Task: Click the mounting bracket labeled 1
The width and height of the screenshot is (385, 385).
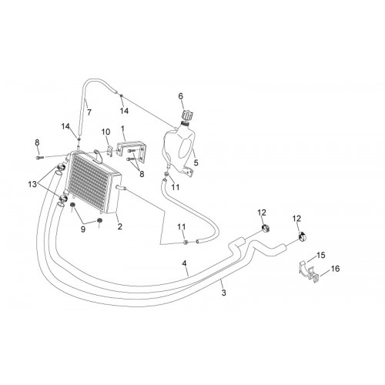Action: (132, 152)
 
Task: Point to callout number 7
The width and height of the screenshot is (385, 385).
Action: (89, 112)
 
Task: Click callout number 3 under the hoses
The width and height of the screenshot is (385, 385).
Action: (223, 293)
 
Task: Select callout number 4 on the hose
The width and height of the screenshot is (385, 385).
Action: (184, 263)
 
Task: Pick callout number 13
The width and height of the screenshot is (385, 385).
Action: (32, 184)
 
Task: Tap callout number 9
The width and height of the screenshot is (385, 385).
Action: (82, 229)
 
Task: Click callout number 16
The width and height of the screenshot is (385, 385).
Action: (335, 269)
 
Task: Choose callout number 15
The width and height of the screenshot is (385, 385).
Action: (321, 256)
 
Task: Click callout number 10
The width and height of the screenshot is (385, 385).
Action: (105, 132)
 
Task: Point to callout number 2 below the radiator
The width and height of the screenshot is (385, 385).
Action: (120, 226)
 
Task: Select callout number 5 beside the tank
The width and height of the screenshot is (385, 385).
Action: (196, 162)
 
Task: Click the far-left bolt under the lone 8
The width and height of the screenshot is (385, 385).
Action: (40, 157)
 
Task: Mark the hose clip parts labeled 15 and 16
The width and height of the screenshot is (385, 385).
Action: (310, 272)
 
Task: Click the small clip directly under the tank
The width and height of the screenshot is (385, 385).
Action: (167, 175)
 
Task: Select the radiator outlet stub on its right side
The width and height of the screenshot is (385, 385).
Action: (120, 188)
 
